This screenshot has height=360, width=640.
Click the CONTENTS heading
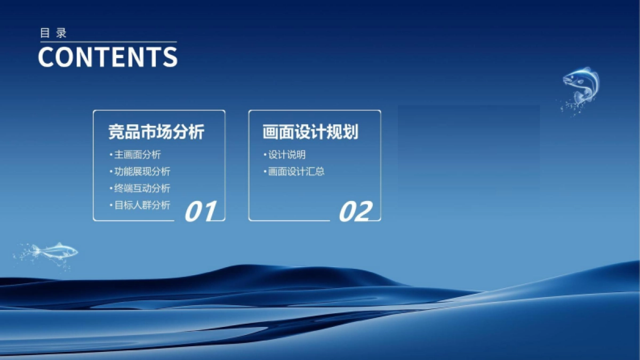coord(108,57)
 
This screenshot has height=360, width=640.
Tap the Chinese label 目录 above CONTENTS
coord(53,33)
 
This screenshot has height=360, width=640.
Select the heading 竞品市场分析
coord(156,132)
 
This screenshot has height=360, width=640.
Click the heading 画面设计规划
coord(310,132)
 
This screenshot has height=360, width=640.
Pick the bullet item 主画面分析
coord(137,155)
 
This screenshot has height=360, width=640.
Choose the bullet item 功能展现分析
coord(142,171)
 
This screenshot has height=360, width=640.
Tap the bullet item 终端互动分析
coord(142,188)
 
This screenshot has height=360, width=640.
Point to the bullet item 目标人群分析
coord(142,205)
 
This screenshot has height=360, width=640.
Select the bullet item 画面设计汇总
coord(296,171)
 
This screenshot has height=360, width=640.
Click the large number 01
coord(201,212)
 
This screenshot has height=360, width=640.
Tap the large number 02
coord(355,212)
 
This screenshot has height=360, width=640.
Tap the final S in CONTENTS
coord(170,57)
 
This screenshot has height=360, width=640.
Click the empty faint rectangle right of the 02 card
coord(468,160)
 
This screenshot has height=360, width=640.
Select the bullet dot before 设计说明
coord(265,155)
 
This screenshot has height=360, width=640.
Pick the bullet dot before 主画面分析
coord(110,155)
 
